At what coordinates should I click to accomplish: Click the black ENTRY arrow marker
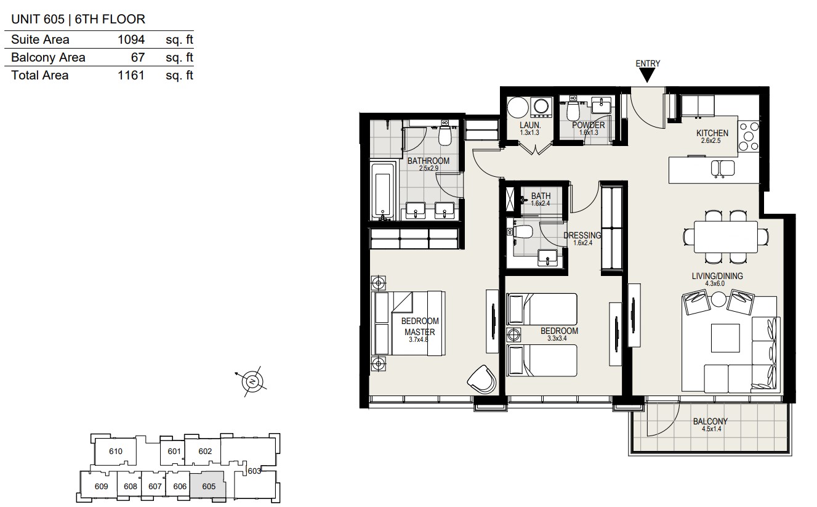(x=648, y=75)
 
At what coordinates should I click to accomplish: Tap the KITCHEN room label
(x=712, y=133)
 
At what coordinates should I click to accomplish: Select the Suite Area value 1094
(x=131, y=39)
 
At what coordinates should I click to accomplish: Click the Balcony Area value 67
(x=138, y=57)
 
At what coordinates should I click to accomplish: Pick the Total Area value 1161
(x=131, y=75)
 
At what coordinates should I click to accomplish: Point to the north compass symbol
(x=252, y=382)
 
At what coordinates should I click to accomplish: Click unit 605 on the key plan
(x=209, y=486)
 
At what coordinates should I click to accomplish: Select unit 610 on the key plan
(x=116, y=451)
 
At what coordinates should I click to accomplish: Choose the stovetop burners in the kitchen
(x=749, y=137)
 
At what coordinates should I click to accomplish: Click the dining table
(x=725, y=237)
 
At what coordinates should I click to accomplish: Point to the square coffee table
(x=725, y=338)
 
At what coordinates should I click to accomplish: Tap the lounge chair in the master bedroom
(x=482, y=379)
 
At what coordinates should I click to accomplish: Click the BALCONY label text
(x=710, y=421)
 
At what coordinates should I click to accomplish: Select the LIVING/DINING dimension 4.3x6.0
(x=715, y=283)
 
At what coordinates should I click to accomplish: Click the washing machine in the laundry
(x=541, y=107)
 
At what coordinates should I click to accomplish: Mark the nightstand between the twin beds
(x=513, y=335)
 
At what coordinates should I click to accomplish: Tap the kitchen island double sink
(x=723, y=169)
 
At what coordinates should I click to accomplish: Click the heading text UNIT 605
(x=38, y=19)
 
